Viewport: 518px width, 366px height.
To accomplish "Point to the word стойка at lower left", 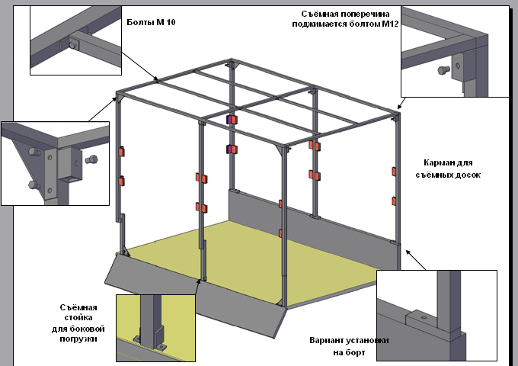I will pyautogui.click(x=78, y=318).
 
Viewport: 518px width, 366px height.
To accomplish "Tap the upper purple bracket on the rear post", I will pyautogui.click(x=231, y=120).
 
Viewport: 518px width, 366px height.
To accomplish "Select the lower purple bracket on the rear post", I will pyautogui.click(x=231, y=148).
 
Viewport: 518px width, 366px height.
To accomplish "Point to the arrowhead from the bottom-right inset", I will pyautogui.click(x=408, y=252).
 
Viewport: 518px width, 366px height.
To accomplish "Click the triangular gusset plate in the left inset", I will pyautogui.click(x=23, y=164).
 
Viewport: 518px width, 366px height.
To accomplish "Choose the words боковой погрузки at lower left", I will pyautogui.click(x=78, y=334).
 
